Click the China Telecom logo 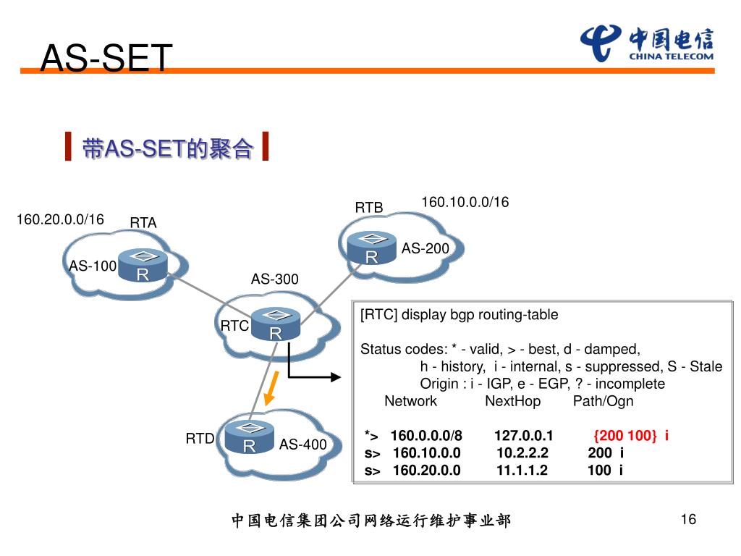pos(646,43)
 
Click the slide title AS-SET pos(107,58)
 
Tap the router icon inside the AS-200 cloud pos(371,248)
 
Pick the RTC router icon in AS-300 pos(276,324)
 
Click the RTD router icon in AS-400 pos(249,437)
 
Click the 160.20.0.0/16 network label pos(60,219)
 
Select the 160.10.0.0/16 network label pos(465,202)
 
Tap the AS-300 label pos(274,279)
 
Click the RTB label pos(368,208)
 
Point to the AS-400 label pos(303,445)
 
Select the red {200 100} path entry pos(625,436)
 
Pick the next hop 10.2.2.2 pos(522,453)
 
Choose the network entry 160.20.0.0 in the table pos(426,471)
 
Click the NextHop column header pos(512,401)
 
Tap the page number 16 pos(687,519)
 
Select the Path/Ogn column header pos(603,401)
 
